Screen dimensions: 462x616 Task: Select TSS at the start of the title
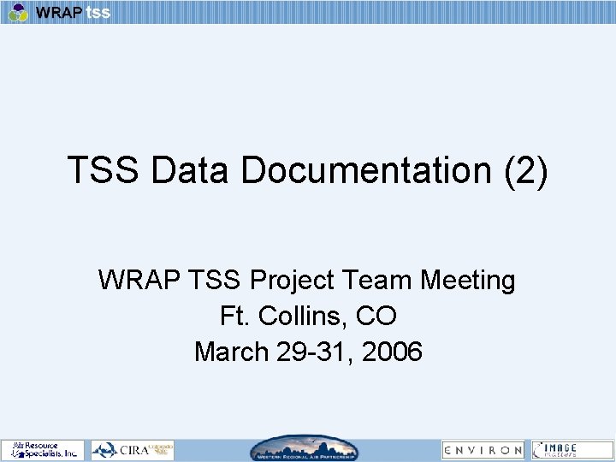(x=104, y=170)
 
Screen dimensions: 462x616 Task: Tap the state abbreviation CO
(x=376, y=316)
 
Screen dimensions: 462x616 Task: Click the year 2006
(x=392, y=352)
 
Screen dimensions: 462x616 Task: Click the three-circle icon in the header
(x=19, y=12)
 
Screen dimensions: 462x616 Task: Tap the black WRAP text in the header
(x=59, y=13)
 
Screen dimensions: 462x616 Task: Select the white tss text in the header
(x=98, y=13)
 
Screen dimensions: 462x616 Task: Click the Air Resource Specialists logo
(x=43, y=449)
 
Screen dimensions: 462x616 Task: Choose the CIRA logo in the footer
(x=133, y=449)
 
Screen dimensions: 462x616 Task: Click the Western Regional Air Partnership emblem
(x=305, y=449)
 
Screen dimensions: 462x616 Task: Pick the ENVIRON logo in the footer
(x=483, y=449)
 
